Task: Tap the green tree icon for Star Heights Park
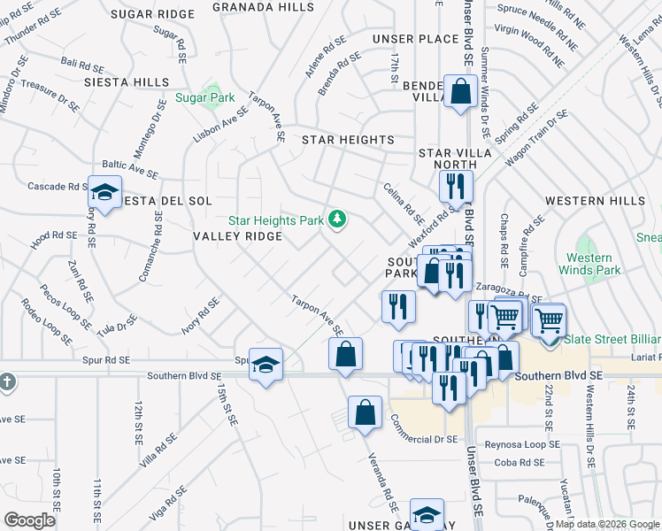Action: tap(336, 219)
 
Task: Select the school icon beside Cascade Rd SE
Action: tap(105, 193)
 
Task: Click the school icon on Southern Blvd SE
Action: tap(264, 365)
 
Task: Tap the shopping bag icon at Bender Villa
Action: tap(460, 92)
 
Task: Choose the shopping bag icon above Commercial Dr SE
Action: tap(365, 412)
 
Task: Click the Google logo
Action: tap(29, 520)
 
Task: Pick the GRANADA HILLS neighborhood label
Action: tap(264, 6)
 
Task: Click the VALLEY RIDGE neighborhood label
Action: tap(238, 236)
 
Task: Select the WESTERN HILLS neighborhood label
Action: tap(595, 201)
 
